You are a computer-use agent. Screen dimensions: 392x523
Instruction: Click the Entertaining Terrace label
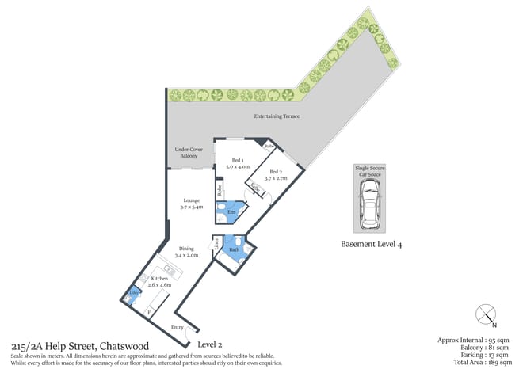click(277, 116)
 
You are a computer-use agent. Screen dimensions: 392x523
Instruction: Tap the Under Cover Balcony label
click(188, 152)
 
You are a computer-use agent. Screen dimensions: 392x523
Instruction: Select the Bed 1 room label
click(238, 164)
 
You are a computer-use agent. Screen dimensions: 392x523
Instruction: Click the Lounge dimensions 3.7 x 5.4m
click(191, 207)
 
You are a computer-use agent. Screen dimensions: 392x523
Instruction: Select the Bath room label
click(235, 250)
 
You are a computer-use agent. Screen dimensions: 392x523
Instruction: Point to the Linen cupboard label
click(216, 245)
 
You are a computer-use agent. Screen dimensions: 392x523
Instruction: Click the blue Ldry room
click(134, 295)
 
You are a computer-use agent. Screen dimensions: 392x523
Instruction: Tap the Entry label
click(178, 326)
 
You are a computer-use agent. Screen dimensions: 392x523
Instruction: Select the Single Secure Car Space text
click(369, 172)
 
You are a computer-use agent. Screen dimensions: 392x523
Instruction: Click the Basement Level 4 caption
click(371, 244)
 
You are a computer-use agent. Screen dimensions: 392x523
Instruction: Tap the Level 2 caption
click(211, 344)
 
